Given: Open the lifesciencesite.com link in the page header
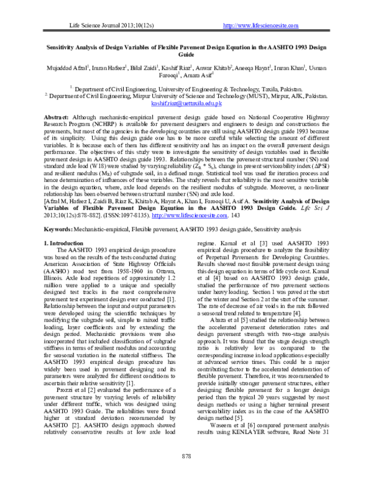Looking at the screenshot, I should coord(261,25).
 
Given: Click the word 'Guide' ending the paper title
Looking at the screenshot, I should coord(187,54).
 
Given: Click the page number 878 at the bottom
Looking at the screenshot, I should coord(186,456).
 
